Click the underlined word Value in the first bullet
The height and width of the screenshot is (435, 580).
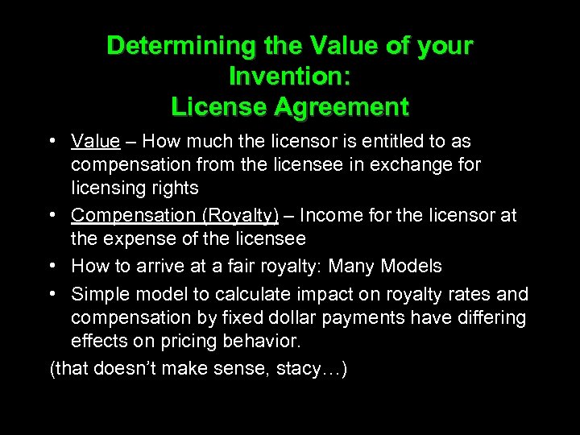point(95,142)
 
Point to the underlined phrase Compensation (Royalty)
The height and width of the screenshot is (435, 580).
point(175,216)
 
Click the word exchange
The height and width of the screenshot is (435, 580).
point(415,165)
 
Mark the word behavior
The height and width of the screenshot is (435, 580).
point(260,341)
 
